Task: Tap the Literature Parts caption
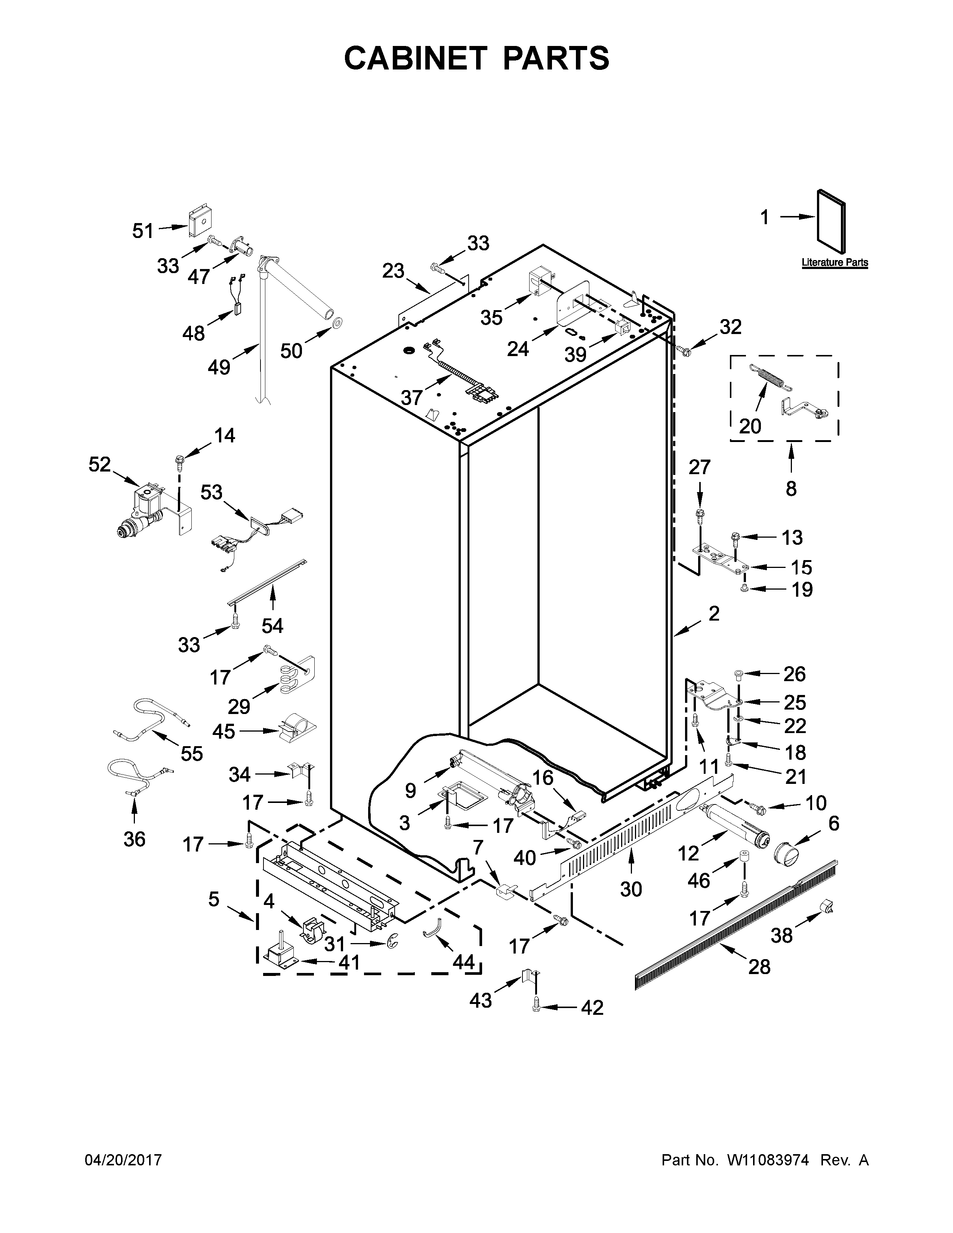pyautogui.click(x=835, y=263)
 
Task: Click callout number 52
pyautogui.click(x=99, y=465)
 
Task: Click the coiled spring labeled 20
pyautogui.click(x=771, y=377)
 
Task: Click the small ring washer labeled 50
pyautogui.click(x=337, y=323)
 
